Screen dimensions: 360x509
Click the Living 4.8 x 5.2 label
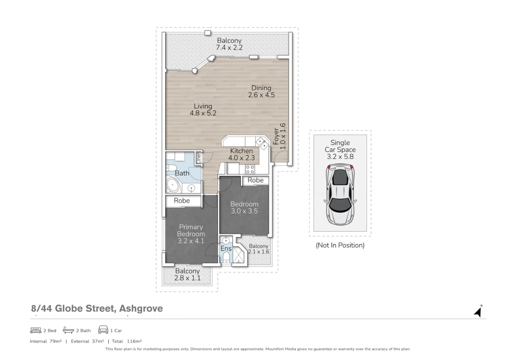tap(203, 110)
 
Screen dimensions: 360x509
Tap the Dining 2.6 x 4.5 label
tap(261, 91)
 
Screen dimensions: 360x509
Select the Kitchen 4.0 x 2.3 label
tap(241, 154)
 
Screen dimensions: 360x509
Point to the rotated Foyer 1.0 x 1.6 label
tap(279, 136)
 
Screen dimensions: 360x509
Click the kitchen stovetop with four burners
tap(250, 169)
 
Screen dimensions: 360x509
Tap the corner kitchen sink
tap(262, 143)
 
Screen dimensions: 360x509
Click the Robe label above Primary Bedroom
tap(182, 201)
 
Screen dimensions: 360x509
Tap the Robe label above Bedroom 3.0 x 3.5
tap(255, 180)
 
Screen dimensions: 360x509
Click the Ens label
tap(226, 249)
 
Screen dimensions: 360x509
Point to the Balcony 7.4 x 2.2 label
tap(229, 44)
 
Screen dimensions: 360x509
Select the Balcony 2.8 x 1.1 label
tap(187, 275)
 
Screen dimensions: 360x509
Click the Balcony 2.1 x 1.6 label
tap(258, 249)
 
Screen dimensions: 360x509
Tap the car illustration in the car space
tap(340, 195)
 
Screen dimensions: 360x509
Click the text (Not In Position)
tap(340, 245)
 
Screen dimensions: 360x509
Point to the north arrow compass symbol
tap(478, 311)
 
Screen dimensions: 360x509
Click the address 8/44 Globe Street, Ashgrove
tap(97, 308)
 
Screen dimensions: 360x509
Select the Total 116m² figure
tap(127, 341)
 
